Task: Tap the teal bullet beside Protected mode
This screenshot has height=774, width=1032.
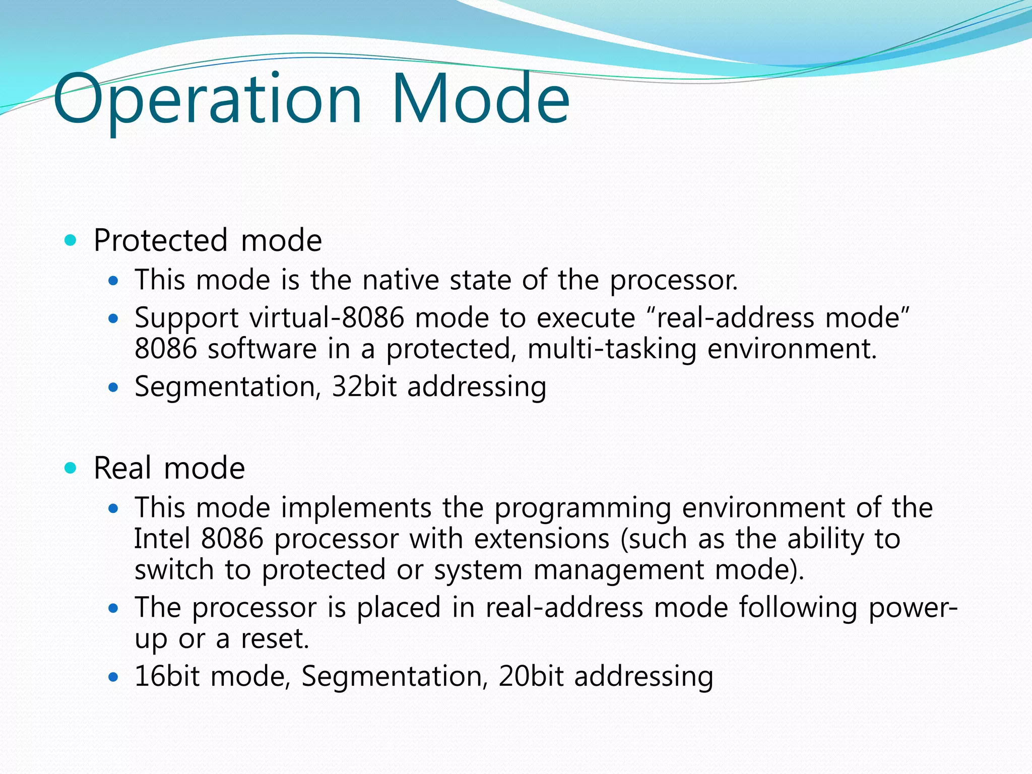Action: (x=71, y=240)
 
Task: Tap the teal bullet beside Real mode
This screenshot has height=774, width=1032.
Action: (x=71, y=468)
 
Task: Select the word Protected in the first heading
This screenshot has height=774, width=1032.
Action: (x=160, y=240)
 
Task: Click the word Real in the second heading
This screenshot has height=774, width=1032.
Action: (x=122, y=468)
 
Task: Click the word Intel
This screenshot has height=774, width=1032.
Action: (x=162, y=539)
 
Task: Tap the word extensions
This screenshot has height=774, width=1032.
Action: (x=542, y=539)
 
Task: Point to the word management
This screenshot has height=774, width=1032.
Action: (x=618, y=570)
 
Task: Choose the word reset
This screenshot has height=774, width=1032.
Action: (x=275, y=639)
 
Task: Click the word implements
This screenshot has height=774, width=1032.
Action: (x=356, y=508)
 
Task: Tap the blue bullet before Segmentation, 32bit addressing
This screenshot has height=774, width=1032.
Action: (x=113, y=388)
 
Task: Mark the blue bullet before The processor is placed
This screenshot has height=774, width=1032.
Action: (x=113, y=608)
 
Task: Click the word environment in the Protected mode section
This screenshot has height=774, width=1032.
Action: (x=792, y=349)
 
